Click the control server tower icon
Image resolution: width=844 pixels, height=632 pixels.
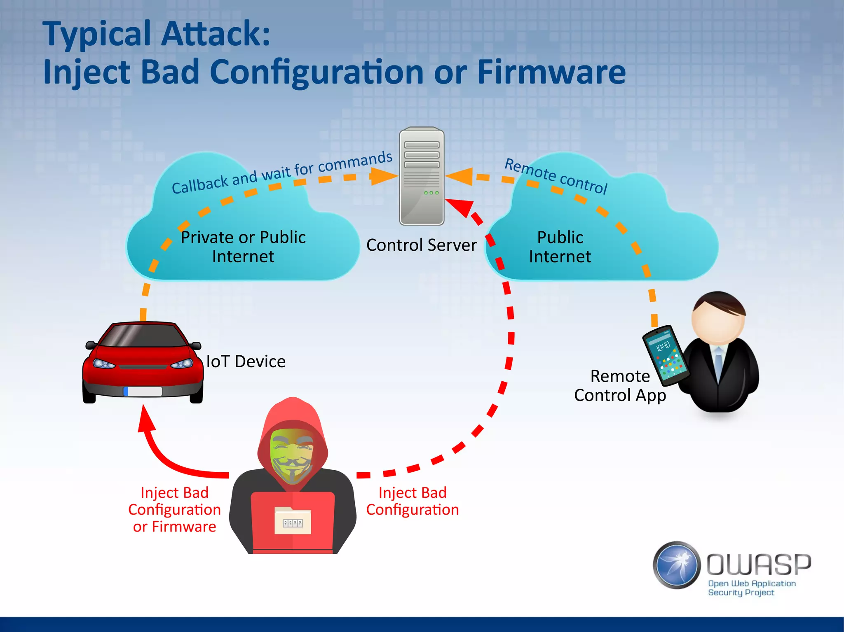pos(422,176)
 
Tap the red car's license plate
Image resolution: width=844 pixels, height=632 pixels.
pos(143,391)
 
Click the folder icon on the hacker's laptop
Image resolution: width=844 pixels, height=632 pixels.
pos(293,521)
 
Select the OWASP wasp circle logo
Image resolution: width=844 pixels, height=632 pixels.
pos(677,565)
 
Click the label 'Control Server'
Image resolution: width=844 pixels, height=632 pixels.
pos(421,245)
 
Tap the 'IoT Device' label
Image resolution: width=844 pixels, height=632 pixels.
pos(246,361)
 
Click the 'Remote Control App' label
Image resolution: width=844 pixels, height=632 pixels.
pos(620,385)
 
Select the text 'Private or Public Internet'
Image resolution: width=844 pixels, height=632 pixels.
pos(243,247)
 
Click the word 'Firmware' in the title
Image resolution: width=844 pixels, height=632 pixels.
pos(551,72)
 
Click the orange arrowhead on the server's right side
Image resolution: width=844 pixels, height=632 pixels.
pos(460,176)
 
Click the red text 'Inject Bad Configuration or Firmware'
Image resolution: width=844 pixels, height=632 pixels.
pos(174,510)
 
